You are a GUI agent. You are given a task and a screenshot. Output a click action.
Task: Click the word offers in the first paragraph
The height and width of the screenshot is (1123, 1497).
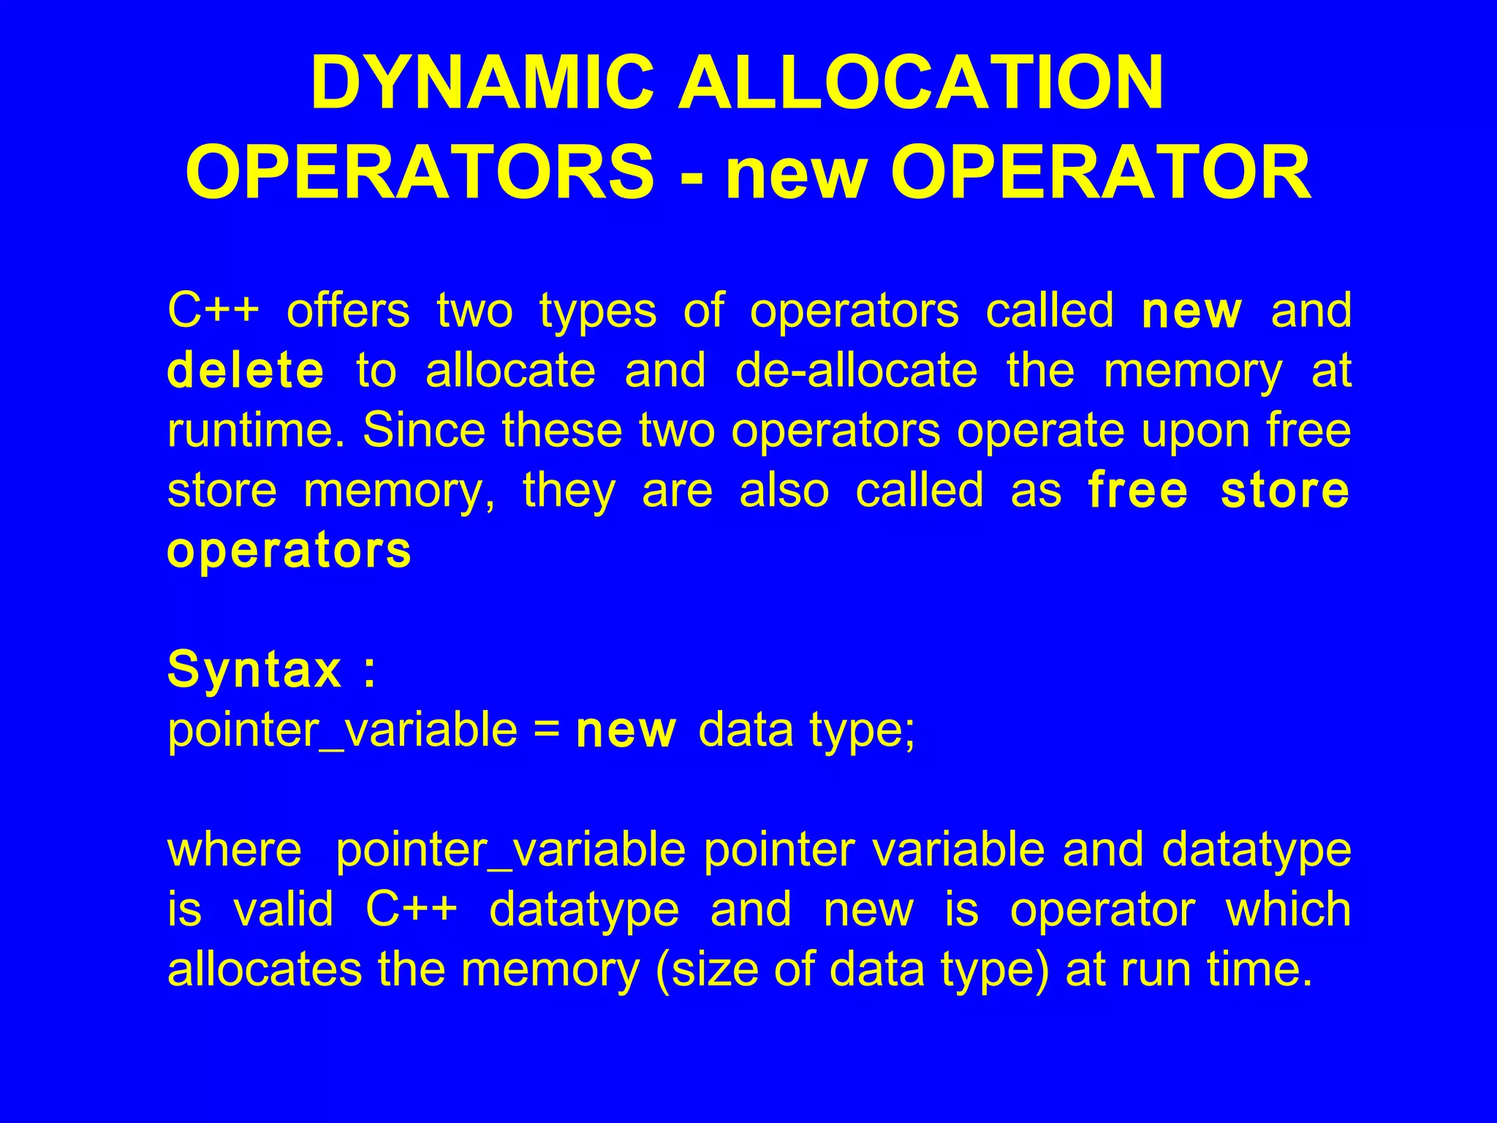click(348, 311)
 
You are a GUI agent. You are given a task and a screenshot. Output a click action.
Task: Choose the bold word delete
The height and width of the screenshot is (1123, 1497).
click(246, 371)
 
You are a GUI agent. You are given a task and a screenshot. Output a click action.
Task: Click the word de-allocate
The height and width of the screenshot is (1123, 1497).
click(856, 371)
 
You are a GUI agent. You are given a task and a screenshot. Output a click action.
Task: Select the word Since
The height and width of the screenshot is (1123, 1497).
click(424, 430)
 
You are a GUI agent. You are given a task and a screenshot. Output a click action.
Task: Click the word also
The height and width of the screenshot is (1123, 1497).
click(784, 490)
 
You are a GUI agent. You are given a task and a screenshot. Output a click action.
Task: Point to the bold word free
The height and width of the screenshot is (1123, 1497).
click(1137, 490)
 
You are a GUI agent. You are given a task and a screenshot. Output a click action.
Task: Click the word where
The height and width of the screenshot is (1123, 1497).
click(235, 850)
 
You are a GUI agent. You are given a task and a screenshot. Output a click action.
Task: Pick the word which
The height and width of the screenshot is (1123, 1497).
click(1288, 910)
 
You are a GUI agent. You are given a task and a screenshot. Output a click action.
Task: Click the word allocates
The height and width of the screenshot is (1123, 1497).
click(265, 969)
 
